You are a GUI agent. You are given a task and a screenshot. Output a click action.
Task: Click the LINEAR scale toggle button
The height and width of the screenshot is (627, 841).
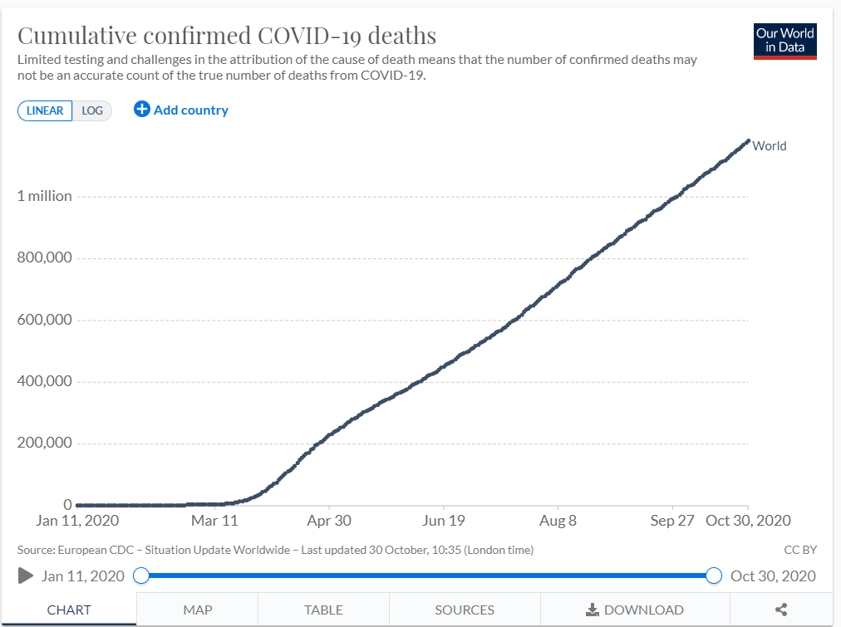point(45,110)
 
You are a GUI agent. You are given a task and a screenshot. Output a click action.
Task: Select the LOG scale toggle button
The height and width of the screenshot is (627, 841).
point(92,110)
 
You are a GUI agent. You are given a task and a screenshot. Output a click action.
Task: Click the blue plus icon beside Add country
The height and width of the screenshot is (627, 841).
point(142,110)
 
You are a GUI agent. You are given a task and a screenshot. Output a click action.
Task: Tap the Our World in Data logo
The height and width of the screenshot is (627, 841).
point(784,41)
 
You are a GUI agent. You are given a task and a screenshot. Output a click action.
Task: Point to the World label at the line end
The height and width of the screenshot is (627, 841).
point(769,146)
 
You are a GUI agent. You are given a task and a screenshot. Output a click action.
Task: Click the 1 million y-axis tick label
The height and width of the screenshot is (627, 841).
point(45,196)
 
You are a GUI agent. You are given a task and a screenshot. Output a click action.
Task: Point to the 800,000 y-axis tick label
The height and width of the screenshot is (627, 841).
point(45,258)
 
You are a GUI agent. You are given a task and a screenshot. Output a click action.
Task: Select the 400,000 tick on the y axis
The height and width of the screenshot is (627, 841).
point(45,382)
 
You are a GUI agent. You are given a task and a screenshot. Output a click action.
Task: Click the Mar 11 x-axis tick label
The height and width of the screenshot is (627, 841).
point(214,521)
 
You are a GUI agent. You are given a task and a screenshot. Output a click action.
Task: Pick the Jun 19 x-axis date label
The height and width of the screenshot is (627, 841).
point(443,521)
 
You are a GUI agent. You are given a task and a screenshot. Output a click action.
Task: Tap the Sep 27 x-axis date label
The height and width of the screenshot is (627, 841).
point(671,521)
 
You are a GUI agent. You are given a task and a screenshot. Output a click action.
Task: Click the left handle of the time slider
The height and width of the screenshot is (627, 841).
point(141,576)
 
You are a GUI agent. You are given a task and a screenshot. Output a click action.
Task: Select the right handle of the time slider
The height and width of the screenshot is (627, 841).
point(713,576)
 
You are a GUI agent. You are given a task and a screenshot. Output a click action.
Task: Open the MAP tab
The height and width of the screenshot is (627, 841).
point(197,610)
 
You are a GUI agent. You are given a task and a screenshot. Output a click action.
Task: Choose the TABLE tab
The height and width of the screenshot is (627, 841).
point(323,610)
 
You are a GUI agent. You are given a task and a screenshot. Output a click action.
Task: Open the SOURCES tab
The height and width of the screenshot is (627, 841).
point(465,610)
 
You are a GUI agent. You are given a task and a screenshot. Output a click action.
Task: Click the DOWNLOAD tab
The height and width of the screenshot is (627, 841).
point(635,610)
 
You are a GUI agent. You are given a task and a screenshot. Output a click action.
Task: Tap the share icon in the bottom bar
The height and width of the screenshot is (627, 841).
point(781,610)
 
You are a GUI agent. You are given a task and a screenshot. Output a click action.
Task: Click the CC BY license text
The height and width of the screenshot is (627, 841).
point(799,550)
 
